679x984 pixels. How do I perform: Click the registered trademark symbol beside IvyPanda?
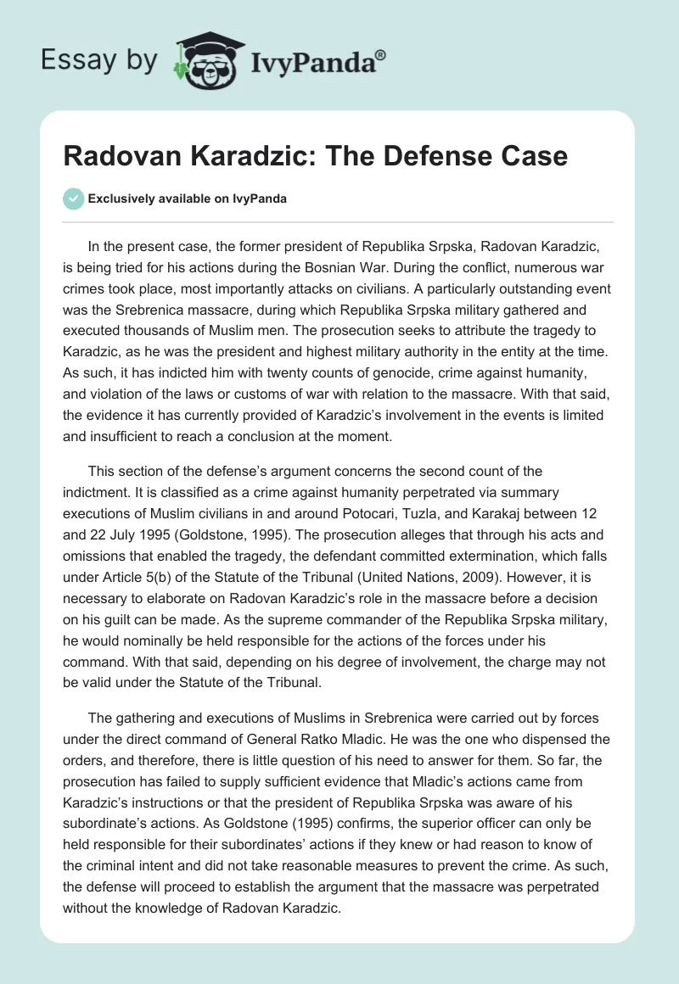[x=381, y=56]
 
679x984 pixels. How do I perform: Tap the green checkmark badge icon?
[x=73, y=198]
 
